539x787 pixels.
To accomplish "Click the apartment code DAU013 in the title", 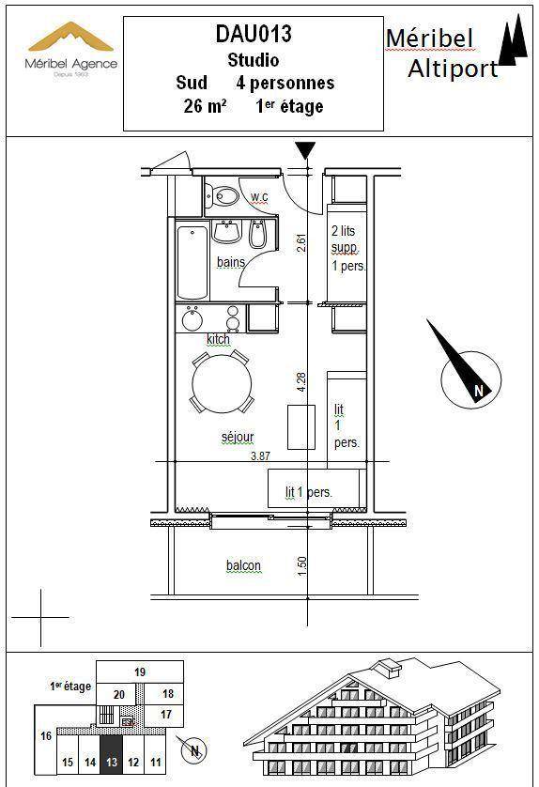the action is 254,34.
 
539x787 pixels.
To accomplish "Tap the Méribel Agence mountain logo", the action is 71,38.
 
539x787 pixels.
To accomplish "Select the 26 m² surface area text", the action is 205,106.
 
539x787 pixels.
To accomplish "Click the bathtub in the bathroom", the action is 192,263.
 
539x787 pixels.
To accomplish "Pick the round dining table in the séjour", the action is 222,381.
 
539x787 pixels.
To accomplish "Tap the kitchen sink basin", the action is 192,319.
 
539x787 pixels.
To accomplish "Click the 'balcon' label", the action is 243,565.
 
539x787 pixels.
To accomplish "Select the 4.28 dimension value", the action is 301,382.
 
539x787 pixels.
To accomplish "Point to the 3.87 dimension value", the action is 260,455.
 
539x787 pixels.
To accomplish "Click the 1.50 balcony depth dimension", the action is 301,566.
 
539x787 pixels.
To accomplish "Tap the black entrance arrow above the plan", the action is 305,150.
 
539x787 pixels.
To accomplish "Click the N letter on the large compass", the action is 479,391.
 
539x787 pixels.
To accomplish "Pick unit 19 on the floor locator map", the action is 140,672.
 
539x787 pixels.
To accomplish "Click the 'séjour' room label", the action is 238,437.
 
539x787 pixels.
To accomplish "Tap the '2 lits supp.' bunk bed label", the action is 345,239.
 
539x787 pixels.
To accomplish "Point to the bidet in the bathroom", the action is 257,234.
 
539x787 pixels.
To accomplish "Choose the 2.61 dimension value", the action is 301,243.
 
